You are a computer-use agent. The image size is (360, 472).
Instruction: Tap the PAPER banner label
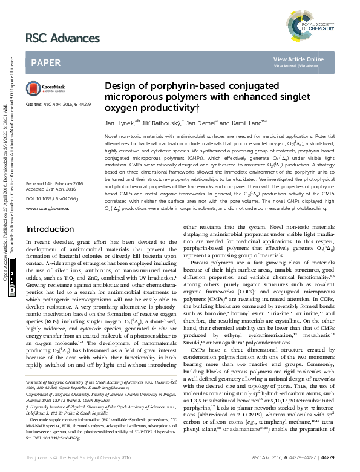(x=45, y=62)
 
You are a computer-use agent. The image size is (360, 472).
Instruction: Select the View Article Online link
(x=298, y=59)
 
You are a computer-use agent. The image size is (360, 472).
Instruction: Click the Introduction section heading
(x=50, y=213)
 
